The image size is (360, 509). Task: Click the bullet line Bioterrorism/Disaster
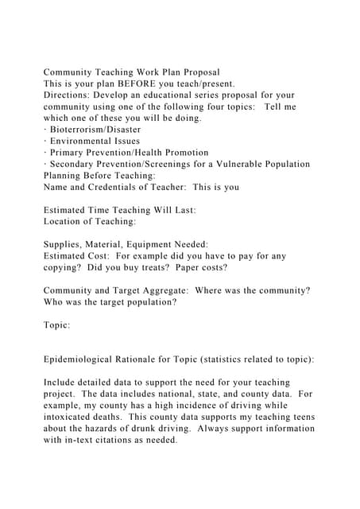pos(95,130)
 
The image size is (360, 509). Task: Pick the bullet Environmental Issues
pos(94,141)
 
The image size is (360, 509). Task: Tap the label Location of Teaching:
pos(89,221)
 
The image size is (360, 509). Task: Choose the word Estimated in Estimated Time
pos(69,210)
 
